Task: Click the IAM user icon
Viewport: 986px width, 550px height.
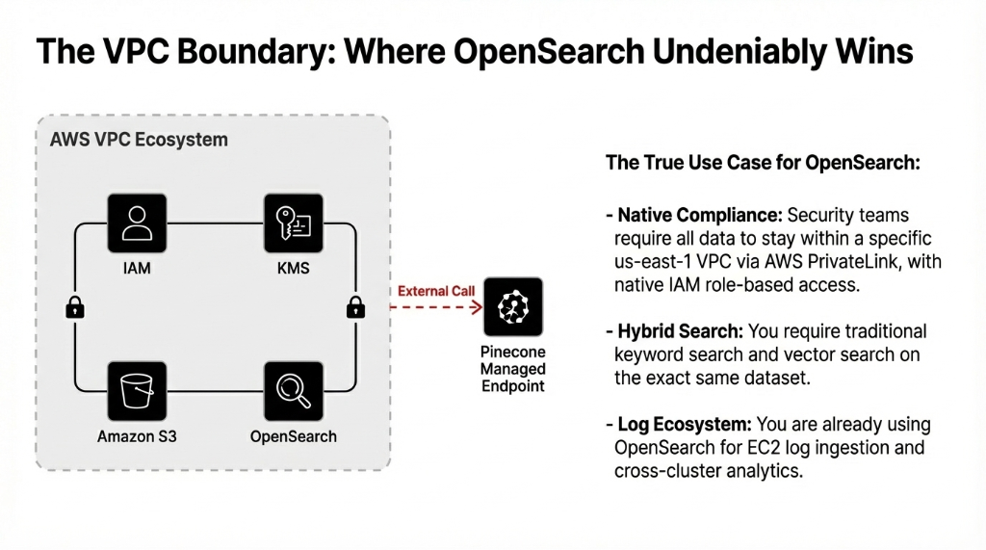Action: click(137, 223)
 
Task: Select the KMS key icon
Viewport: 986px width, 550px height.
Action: click(293, 223)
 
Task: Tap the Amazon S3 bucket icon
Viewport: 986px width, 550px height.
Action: click(137, 391)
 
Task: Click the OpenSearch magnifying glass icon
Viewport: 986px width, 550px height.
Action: click(293, 391)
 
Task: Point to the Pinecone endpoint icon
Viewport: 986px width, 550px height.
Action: click(513, 307)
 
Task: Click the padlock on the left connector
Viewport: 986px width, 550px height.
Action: click(74, 307)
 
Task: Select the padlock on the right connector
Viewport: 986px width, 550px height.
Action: click(355, 307)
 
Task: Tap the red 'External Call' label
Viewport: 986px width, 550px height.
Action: click(436, 291)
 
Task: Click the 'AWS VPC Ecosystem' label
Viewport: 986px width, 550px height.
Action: click(139, 140)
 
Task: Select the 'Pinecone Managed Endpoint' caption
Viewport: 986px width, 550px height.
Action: click(513, 369)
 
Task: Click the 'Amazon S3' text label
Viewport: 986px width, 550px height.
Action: click(137, 436)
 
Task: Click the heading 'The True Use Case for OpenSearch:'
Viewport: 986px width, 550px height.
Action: click(763, 163)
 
